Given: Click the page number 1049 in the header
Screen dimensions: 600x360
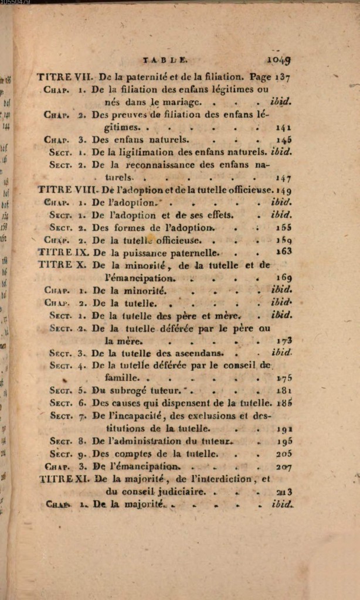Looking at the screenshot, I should pos(279,59).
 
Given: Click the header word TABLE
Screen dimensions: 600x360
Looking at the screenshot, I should pos(165,59).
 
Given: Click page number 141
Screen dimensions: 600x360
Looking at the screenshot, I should pos(283,127).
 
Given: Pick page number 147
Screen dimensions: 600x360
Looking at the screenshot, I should pos(283,178).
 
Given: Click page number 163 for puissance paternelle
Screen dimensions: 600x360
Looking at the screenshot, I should pos(283,252).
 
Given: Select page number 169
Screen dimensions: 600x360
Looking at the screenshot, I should pos(283,278).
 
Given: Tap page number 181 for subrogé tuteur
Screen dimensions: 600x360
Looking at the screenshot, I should pos(284,390).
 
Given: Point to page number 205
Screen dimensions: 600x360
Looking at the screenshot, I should pos(284,454).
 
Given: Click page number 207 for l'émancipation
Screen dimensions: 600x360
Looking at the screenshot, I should pos(284,467).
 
